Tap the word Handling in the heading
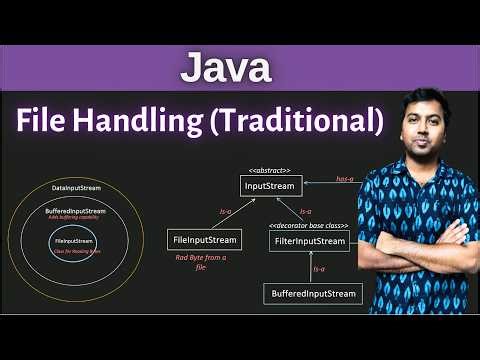[147, 121]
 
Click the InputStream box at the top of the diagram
[272, 185]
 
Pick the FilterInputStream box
[307, 241]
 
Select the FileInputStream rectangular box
[205, 240]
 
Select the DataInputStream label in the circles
[73, 188]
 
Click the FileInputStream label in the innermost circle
[73, 241]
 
